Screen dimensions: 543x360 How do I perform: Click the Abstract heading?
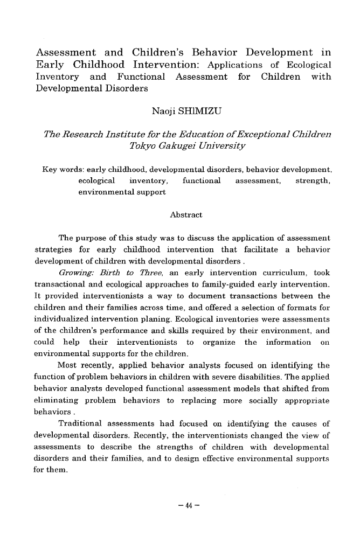[185, 215]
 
